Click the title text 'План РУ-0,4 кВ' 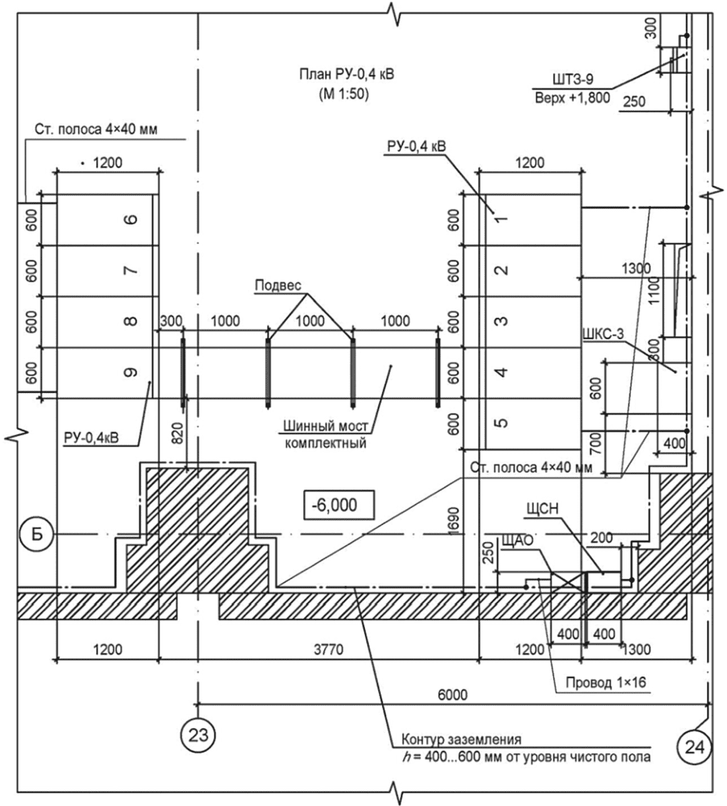click(347, 75)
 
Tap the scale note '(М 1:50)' click(344, 94)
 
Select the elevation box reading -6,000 click(339, 505)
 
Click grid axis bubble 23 click(199, 735)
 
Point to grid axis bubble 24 click(695, 747)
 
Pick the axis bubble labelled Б click(37, 535)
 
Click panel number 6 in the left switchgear click(131, 220)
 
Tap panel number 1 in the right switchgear click(501, 220)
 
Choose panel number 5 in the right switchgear click(501, 423)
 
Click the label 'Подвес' click(278, 286)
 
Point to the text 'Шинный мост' click(325, 426)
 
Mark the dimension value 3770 click(329, 650)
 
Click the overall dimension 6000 click(453, 695)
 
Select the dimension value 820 click(177, 433)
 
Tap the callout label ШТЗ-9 click(573, 79)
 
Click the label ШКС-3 click(603, 334)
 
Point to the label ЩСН click(543, 509)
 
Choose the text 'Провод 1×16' click(606, 682)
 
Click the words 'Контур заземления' click(461, 739)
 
